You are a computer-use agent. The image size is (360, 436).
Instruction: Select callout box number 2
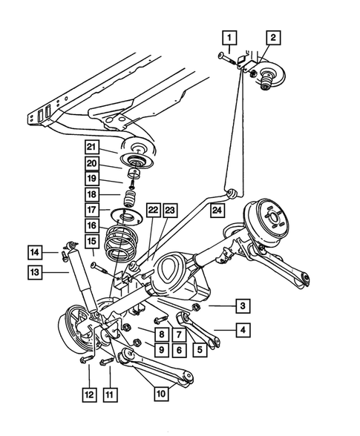point(273,37)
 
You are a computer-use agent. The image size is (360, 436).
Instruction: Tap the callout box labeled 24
point(217,211)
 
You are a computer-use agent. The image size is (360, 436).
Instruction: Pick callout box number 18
point(91,195)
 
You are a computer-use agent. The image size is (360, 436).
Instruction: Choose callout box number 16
point(91,226)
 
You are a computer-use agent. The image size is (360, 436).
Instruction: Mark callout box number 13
point(35,273)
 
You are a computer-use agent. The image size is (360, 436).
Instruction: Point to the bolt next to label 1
point(226,56)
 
